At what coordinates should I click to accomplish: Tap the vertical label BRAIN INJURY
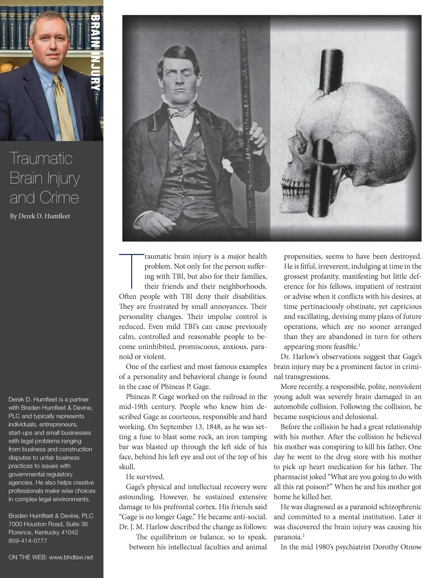click(x=95, y=53)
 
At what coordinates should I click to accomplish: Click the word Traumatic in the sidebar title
click(x=41, y=158)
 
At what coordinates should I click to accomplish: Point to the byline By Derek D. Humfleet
click(x=40, y=216)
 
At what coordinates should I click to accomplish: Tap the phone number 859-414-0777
click(x=28, y=540)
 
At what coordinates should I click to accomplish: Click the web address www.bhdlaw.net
click(x=71, y=557)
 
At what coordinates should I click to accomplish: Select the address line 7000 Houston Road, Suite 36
click(x=48, y=524)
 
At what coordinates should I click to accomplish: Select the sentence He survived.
click(x=145, y=477)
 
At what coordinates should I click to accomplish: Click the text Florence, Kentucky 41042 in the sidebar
click(x=43, y=532)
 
